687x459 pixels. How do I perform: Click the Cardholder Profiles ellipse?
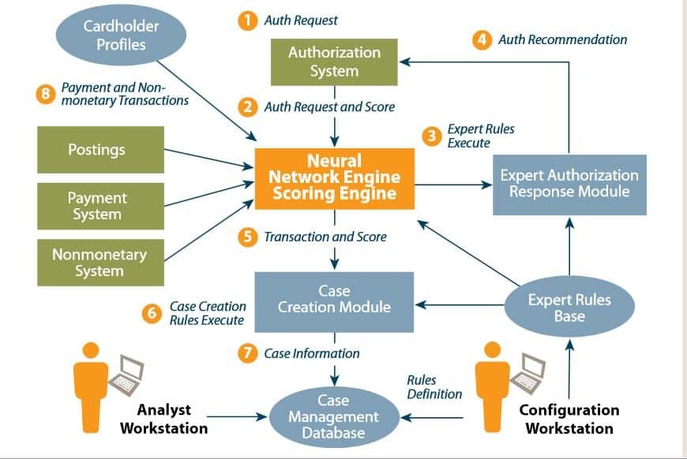point(121,35)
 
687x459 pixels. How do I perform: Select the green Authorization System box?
point(334,62)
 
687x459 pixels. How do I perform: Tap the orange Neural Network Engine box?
point(334,178)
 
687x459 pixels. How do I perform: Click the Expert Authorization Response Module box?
point(569,183)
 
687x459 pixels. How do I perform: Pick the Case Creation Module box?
point(334,301)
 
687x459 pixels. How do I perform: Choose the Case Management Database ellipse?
point(333,416)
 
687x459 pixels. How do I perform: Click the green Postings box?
point(100,150)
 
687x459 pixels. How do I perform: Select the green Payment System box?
point(100,206)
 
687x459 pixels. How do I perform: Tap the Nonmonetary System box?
point(100,263)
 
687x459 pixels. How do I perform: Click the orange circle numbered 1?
point(248,21)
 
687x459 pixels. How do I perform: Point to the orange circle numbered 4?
point(482,39)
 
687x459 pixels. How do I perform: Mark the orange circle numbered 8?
point(46,95)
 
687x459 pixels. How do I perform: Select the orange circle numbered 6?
point(152,313)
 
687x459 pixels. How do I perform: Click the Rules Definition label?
point(434,386)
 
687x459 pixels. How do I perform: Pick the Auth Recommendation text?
point(562,39)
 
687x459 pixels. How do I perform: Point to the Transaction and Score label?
point(325,237)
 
